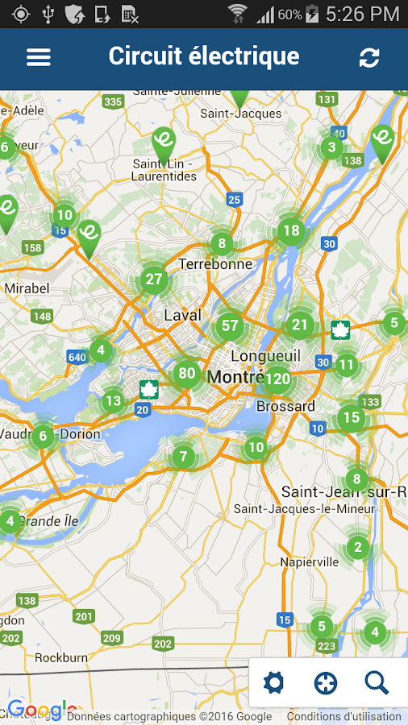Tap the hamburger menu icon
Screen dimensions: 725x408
tap(39, 57)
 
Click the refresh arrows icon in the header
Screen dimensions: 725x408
tap(369, 57)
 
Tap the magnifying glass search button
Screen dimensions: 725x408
tap(377, 683)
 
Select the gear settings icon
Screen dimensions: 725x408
tap(274, 683)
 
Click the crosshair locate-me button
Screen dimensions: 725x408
tap(326, 683)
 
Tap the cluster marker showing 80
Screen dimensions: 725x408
tap(187, 373)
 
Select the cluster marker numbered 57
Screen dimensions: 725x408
tap(230, 326)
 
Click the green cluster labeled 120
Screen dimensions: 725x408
tap(277, 379)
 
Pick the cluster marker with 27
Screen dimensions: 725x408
tap(153, 280)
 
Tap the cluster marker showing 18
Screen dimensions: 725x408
tap(291, 231)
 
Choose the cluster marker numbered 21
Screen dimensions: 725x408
tap(300, 325)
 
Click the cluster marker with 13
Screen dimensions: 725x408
tap(113, 400)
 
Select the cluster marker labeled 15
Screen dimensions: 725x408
tap(351, 417)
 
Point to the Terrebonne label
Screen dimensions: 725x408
tap(215, 264)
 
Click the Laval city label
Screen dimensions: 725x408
tap(182, 315)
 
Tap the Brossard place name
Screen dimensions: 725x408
tap(285, 407)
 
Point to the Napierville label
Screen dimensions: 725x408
tap(309, 561)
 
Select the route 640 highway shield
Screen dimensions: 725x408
tap(77, 357)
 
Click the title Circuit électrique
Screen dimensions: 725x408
tap(204, 56)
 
